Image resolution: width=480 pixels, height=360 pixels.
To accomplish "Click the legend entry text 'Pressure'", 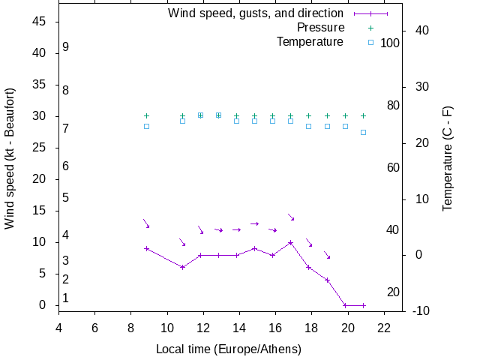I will click(x=320, y=28).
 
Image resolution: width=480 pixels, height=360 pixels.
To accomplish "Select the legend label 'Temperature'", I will click(x=310, y=42).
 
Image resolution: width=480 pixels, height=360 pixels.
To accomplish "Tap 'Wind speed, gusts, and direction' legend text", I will click(x=255, y=13).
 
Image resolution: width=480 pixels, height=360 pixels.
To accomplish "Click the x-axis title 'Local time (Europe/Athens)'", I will click(x=229, y=349).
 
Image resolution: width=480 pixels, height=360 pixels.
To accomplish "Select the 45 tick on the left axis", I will click(x=40, y=22).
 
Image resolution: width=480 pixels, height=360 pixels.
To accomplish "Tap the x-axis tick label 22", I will click(x=383, y=327).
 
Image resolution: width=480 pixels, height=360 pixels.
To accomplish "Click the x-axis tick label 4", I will click(x=58, y=327).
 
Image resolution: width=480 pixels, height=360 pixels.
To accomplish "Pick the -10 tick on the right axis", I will click(x=420, y=310).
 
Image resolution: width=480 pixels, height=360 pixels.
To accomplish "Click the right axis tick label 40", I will click(x=420, y=31).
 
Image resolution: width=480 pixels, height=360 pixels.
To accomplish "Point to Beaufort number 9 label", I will click(x=66, y=46).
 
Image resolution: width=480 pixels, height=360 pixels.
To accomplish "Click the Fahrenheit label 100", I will click(x=390, y=43).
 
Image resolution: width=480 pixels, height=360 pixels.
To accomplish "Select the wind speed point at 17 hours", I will click(x=291, y=242).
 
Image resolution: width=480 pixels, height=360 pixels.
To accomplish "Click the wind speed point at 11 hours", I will click(x=182, y=267).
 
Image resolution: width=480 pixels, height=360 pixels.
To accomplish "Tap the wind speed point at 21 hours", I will click(x=363, y=305).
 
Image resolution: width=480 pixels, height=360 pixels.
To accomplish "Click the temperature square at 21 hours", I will click(x=363, y=132).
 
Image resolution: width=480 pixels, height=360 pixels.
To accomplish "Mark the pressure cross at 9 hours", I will click(x=146, y=116).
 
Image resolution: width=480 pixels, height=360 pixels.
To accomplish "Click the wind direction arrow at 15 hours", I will click(x=255, y=223).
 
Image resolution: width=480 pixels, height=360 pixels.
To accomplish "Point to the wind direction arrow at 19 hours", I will click(x=327, y=256).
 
